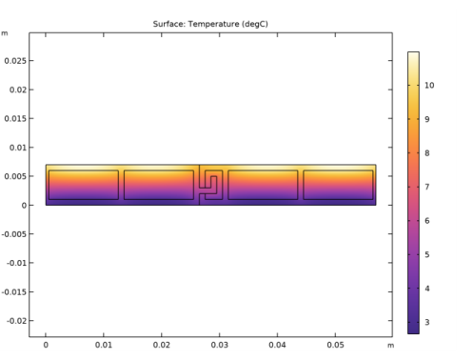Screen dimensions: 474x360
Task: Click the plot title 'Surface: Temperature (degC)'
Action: point(210,24)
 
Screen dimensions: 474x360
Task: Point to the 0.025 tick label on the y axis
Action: point(15,61)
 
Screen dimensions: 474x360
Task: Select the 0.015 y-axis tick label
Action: point(15,118)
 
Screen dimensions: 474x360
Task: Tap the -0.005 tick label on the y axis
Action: point(14,234)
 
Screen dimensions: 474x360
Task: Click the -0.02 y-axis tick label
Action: point(16,321)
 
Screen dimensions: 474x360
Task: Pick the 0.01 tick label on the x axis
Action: point(104,345)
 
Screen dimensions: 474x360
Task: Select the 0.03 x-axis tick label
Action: point(219,345)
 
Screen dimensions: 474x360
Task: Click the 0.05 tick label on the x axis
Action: point(335,345)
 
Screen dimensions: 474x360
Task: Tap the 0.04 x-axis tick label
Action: point(277,345)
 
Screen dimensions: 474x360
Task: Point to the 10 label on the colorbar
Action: point(429,85)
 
